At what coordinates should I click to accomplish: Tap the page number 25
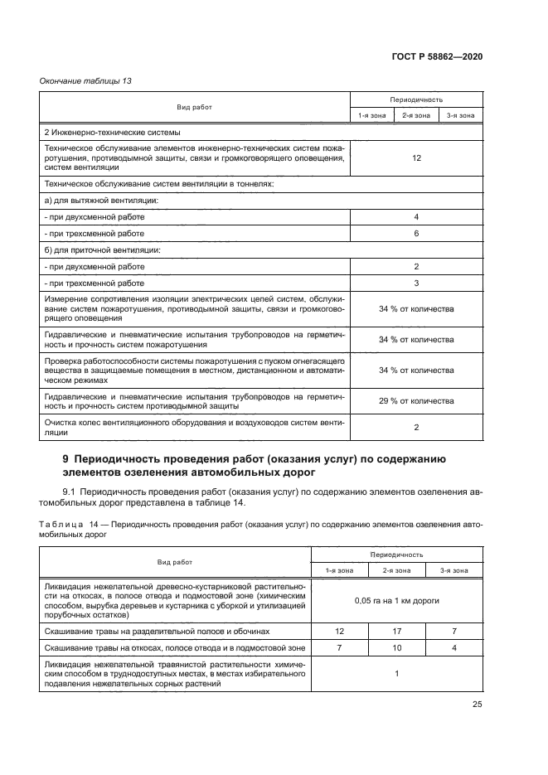pos(477,705)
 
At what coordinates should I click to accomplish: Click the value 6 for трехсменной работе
pos(416,234)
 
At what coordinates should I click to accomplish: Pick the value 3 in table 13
pos(416,283)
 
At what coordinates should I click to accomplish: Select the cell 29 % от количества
pos(416,400)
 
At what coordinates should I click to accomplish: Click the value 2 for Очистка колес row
pos(416,428)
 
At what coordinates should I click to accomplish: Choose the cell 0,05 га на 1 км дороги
pos(396,599)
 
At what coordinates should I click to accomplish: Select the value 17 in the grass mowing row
pos(396,631)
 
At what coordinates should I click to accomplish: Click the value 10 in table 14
pos(396,647)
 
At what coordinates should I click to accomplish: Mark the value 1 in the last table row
pos(396,673)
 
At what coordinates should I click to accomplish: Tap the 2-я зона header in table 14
pos(396,570)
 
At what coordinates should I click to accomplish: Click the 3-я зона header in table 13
pos(460,116)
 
